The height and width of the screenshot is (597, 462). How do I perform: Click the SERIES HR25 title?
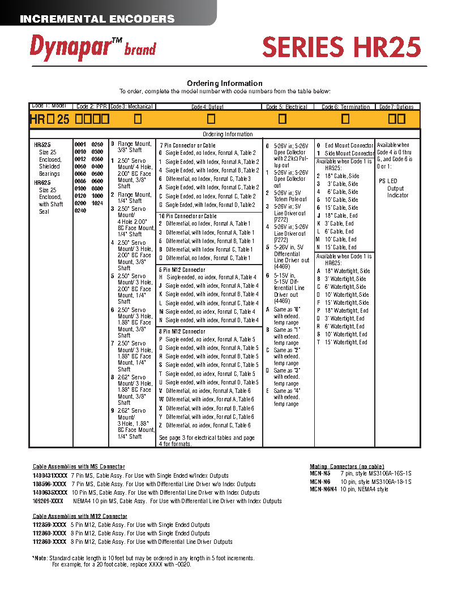[341, 46]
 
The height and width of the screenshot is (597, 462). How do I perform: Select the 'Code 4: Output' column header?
[207, 107]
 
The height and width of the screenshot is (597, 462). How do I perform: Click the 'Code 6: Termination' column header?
[345, 107]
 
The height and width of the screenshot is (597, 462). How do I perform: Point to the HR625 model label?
[42, 183]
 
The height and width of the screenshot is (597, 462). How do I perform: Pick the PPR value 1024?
[97, 202]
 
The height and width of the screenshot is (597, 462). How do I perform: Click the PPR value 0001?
[80, 145]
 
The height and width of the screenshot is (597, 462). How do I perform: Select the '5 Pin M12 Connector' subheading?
[182, 270]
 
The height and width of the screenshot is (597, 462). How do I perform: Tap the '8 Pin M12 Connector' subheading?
[182, 331]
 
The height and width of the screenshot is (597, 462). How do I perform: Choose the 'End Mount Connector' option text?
[349, 145]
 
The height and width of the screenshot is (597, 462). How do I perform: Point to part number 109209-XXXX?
[48, 501]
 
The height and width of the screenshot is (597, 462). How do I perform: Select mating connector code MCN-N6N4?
[323, 489]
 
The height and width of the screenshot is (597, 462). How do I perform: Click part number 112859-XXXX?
[49, 525]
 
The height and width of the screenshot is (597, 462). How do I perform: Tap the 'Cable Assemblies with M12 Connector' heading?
[80, 516]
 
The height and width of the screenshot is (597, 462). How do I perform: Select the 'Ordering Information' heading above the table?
[225, 83]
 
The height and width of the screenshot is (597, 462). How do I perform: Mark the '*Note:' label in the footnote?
[41, 558]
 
